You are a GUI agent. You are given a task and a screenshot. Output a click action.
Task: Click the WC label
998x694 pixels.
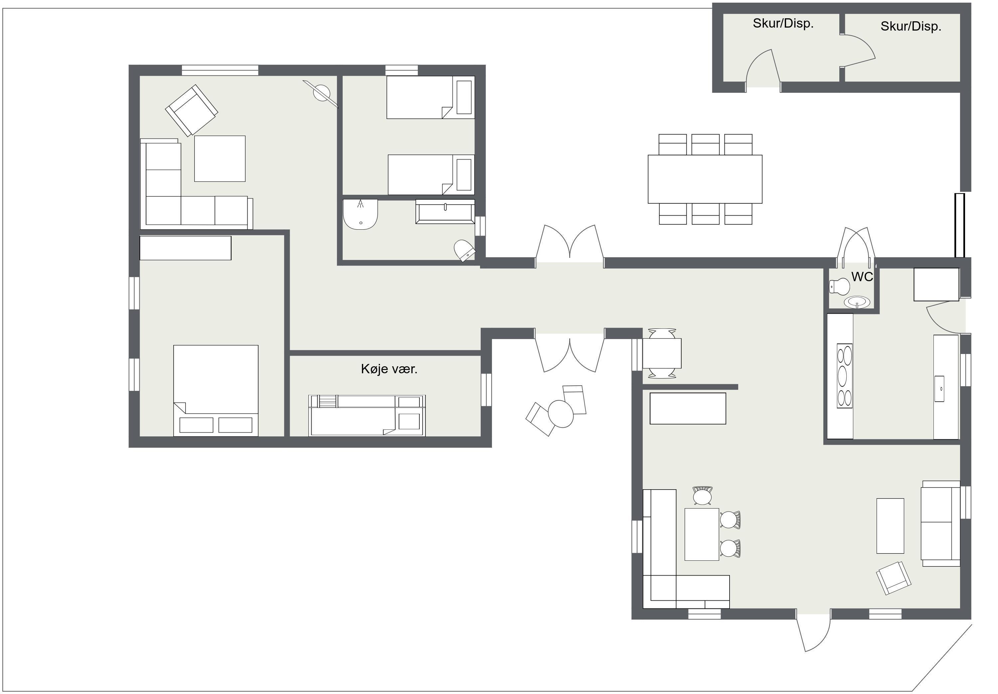(862, 277)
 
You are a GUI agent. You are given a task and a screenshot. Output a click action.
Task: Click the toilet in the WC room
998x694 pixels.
(839, 287)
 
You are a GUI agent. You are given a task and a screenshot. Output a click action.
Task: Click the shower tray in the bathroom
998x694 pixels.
(360, 214)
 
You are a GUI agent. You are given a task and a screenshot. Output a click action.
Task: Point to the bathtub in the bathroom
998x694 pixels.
(445, 211)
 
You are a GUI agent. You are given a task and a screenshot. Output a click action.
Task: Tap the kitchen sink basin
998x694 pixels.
(939, 389)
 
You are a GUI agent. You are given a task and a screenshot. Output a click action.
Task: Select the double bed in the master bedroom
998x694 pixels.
(216, 391)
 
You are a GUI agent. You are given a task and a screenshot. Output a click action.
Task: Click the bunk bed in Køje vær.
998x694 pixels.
(367, 415)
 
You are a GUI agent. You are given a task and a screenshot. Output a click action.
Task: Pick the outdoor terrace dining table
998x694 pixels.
(705, 179)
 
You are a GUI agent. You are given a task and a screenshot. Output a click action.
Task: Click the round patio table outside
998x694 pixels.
(561, 413)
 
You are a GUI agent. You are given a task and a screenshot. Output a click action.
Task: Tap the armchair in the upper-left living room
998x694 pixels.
(191, 110)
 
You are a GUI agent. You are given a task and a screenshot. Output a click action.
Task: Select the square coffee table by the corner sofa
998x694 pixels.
(220, 159)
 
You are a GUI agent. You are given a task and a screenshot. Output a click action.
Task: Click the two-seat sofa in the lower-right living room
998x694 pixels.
(940, 523)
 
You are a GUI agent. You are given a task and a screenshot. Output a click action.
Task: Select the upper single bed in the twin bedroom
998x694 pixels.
(430, 97)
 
